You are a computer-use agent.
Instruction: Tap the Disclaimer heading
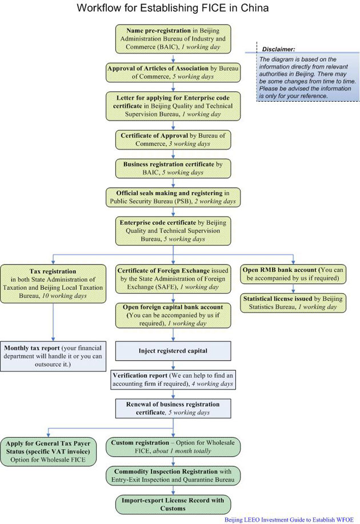point(278,49)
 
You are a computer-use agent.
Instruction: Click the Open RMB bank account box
point(293,274)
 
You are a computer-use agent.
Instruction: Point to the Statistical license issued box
point(293,303)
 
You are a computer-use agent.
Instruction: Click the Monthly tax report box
point(53,355)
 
